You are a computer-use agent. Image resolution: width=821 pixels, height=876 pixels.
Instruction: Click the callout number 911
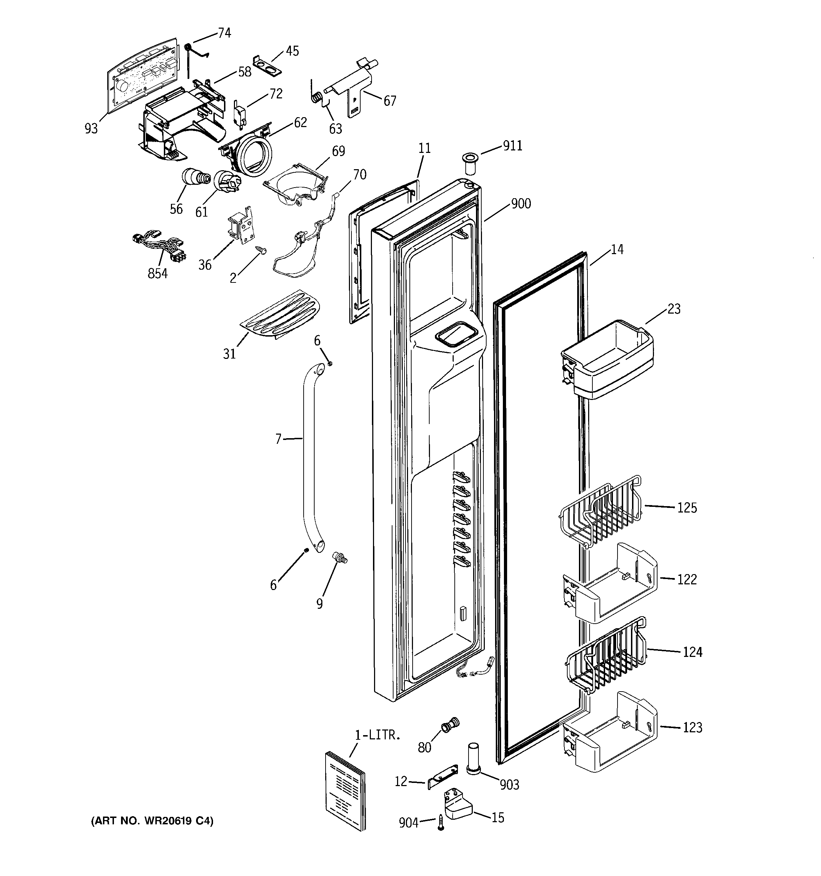point(512,145)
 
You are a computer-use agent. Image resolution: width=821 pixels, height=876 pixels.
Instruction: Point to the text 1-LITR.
point(378,735)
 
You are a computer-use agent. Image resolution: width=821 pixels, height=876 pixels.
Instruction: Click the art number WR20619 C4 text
point(152,821)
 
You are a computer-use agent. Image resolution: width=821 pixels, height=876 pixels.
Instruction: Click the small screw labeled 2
point(261,250)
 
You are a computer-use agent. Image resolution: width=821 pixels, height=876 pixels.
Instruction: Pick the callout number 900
point(521,204)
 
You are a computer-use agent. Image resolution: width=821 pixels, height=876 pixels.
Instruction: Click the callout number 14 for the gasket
point(617,250)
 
